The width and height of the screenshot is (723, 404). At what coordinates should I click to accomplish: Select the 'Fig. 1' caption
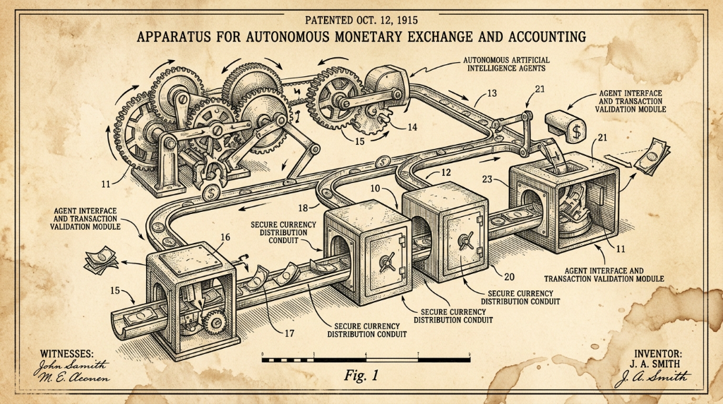click(x=361, y=376)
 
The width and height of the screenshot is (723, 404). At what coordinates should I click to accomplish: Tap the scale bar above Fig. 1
click(x=366, y=360)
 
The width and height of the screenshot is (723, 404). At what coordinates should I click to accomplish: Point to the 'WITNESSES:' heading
click(x=67, y=354)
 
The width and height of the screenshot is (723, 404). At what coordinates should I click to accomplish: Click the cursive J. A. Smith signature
click(x=652, y=378)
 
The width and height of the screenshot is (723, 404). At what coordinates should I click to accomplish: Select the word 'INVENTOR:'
click(x=658, y=354)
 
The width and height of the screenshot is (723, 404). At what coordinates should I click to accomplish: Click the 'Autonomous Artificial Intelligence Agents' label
click(x=506, y=64)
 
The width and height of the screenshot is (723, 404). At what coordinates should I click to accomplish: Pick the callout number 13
click(x=491, y=93)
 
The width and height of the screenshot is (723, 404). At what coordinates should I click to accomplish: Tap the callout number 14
click(x=412, y=127)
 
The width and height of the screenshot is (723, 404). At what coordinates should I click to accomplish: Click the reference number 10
click(x=375, y=189)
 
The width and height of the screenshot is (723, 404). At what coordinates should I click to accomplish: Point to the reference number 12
click(x=446, y=173)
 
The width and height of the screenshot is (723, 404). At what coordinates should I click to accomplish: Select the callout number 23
click(x=487, y=179)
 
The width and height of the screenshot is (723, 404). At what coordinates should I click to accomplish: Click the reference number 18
click(x=302, y=208)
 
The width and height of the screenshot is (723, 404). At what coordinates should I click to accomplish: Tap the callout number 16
click(x=225, y=237)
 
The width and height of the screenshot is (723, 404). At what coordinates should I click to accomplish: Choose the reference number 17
click(x=289, y=333)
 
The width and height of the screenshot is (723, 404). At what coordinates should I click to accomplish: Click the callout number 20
click(x=509, y=277)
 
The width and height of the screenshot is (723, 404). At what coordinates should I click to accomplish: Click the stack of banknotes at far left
click(x=101, y=260)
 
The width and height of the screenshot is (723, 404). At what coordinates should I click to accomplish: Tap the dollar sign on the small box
click(x=576, y=131)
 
